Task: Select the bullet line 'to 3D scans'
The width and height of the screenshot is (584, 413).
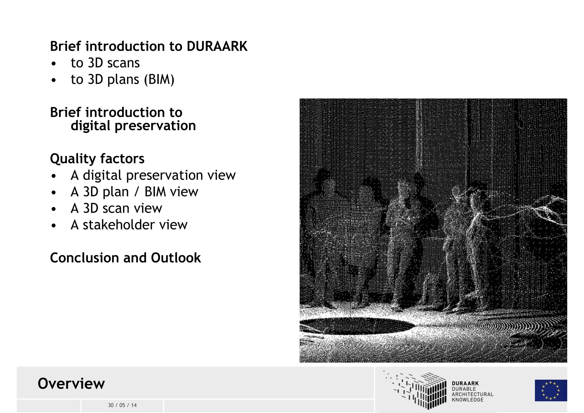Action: (105, 63)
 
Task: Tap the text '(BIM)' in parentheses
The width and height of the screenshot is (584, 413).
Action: (159, 80)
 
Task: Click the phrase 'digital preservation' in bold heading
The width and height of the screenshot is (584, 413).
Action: (133, 126)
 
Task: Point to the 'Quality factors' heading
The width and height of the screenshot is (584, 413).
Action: (97, 159)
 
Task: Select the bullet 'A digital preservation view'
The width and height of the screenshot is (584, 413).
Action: (153, 175)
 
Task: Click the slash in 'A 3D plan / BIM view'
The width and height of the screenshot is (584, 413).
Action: (137, 192)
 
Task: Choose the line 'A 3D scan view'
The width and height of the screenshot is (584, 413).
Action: (116, 208)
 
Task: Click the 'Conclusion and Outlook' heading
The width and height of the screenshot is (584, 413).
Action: (125, 258)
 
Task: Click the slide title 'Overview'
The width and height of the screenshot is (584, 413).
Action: (71, 383)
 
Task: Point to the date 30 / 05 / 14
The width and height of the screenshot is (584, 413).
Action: (122, 405)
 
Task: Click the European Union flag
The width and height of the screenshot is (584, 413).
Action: (551, 390)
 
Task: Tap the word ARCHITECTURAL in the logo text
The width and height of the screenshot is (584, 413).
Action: (472, 394)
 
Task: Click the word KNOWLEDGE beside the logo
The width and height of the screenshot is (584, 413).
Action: (467, 400)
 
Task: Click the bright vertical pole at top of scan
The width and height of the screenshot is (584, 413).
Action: (418, 134)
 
